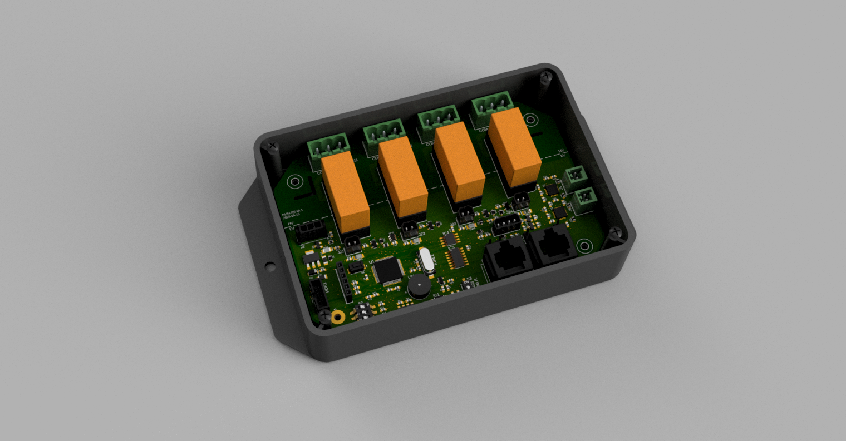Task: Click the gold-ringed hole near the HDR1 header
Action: coord(337,317)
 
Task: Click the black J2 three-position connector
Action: coord(308,230)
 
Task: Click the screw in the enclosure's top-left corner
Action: coord(272,146)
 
